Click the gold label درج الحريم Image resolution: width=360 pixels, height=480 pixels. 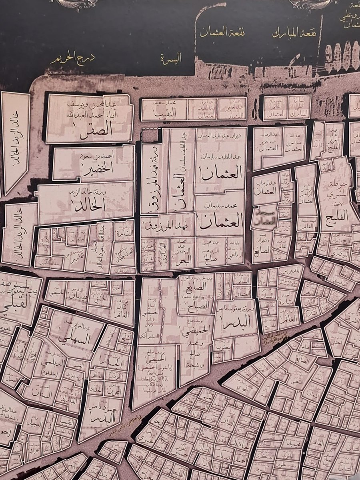(72, 60)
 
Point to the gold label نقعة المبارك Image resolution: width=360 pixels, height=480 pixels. (294, 32)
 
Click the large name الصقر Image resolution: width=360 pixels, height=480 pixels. (96, 132)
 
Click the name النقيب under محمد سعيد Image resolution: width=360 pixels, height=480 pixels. (164, 114)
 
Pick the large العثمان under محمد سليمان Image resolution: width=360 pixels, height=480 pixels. (221, 220)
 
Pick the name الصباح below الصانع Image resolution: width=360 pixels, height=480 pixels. (195, 305)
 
